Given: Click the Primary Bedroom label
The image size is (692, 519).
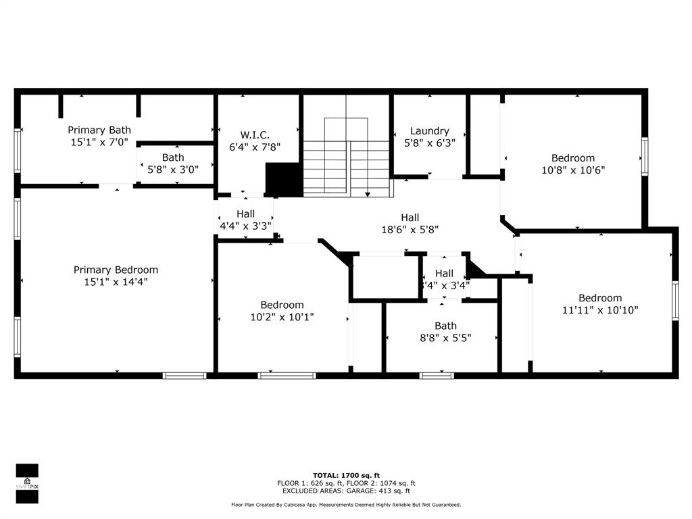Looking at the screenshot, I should pyautogui.click(x=116, y=270).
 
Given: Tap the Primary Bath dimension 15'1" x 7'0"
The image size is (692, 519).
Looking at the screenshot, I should pyautogui.click(x=99, y=143).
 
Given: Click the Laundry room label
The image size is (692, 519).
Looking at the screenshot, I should pyautogui.click(x=429, y=131).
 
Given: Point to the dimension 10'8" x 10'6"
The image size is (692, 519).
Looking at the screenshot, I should pyautogui.click(x=572, y=170).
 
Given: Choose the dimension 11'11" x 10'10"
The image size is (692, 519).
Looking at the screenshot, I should pyautogui.click(x=599, y=310).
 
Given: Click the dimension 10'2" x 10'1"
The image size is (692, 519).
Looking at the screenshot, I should pyautogui.click(x=282, y=316).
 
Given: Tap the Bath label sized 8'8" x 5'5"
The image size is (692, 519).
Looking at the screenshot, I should pyautogui.click(x=445, y=326).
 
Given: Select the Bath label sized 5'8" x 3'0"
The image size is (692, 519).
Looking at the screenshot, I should pyautogui.click(x=172, y=157).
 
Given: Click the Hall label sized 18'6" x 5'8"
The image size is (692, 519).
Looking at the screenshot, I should pyautogui.click(x=410, y=218).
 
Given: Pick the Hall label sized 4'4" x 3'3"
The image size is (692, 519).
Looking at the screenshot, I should pyautogui.click(x=245, y=214).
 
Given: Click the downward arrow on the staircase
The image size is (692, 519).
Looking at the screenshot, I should pyautogui.click(x=368, y=194).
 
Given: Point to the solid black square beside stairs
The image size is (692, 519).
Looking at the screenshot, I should pyautogui.click(x=284, y=180).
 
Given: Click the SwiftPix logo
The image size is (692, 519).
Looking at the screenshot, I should pyautogui.click(x=27, y=483).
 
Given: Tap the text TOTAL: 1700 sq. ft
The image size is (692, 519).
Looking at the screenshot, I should pyautogui.click(x=346, y=475).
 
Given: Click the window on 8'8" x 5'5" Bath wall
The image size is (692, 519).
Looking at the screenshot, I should pyautogui.click(x=437, y=375).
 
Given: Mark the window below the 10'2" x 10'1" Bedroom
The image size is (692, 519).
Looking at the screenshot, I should pyautogui.click(x=287, y=375).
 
